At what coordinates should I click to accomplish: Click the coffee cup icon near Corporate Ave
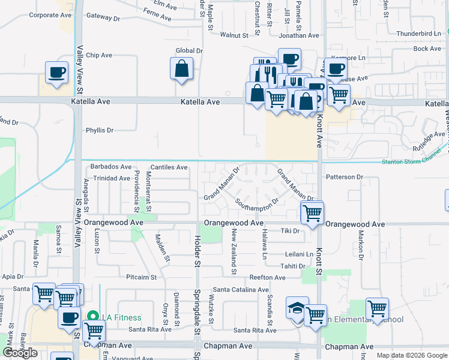tap(57, 73)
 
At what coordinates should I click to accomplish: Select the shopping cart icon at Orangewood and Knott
tap(312, 212)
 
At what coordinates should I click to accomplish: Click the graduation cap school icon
tap(297, 308)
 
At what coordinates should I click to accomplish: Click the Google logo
tap(20, 353)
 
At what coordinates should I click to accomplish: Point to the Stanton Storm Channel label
tap(414, 160)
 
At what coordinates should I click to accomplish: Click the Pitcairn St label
tap(141, 277)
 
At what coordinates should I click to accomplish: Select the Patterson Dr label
tap(345, 177)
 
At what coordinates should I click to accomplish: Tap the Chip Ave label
tap(99, 55)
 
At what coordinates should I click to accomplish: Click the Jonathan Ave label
tap(299, 35)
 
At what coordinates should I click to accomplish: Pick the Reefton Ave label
tap(268, 277)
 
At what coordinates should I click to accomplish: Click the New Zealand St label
tap(235, 250)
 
